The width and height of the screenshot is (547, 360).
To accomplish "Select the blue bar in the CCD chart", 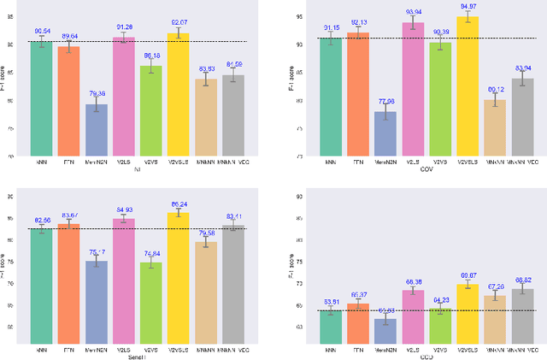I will pos(385,331).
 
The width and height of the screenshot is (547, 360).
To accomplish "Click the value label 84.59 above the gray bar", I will pos(232,64).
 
